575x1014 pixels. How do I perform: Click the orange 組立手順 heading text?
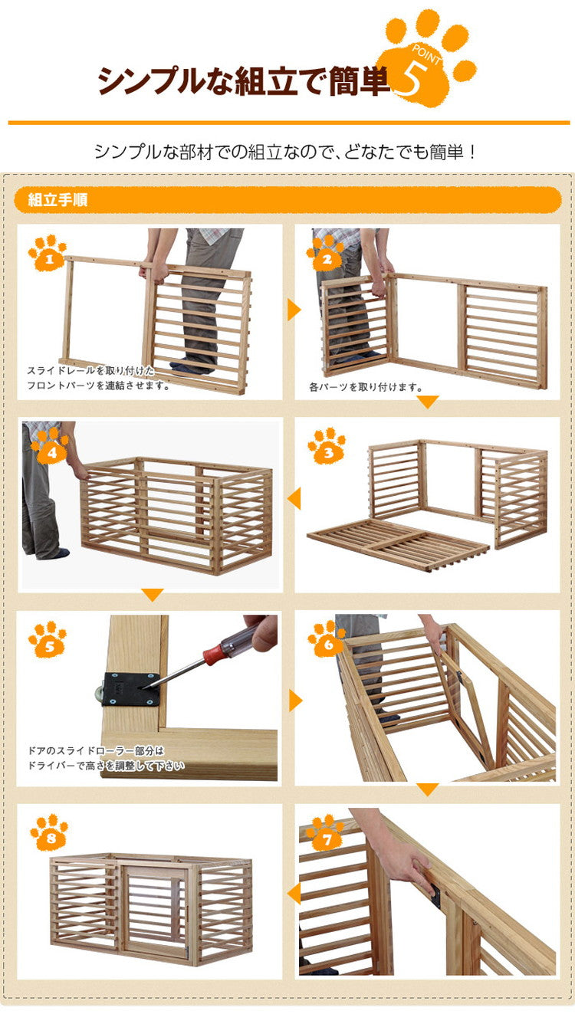pyautogui.click(x=58, y=201)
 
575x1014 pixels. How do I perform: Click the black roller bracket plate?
pyautogui.click(x=130, y=687)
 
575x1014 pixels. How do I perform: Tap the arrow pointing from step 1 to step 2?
pyautogui.click(x=294, y=310)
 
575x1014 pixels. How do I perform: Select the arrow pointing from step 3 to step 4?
pyautogui.click(x=294, y=499)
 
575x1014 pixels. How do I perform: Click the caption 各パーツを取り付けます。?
pyautogui.click(x=366, y=388)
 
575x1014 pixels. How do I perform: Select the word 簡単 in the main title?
pyautogui.click(x=358, y=80)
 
